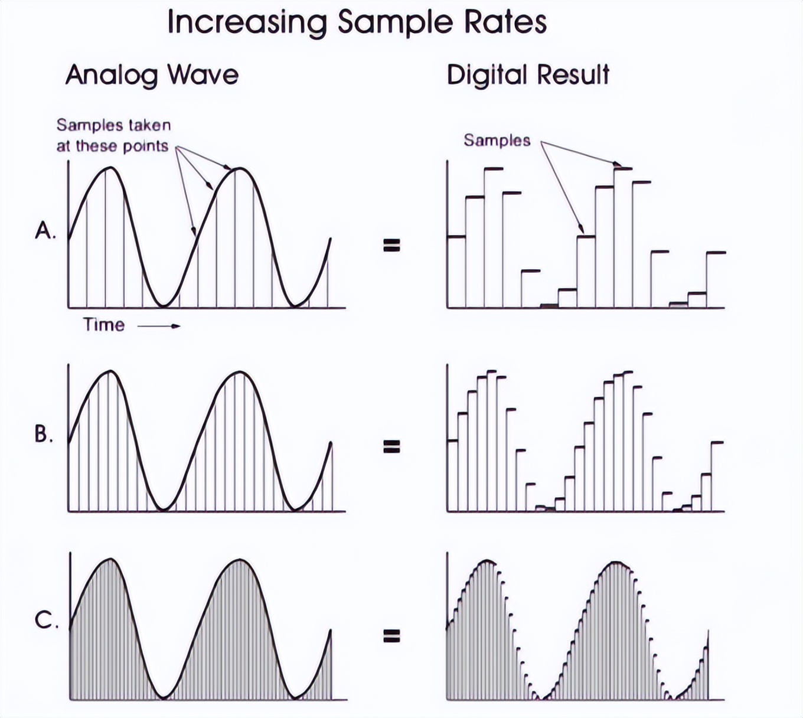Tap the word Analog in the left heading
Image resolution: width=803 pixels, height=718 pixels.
[112, 76]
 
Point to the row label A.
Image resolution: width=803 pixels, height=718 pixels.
[45, 230]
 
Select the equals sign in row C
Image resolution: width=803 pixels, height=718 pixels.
[391, 636]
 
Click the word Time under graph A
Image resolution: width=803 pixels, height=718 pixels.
[104, 325]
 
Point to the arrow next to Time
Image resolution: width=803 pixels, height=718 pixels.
[159, 325]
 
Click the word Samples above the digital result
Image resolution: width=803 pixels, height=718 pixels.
[497, 141]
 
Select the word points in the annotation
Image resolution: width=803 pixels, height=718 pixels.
[145, 146]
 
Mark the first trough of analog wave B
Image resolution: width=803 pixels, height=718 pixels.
[164, 508]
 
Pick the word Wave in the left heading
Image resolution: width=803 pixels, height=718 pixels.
[203, 76]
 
